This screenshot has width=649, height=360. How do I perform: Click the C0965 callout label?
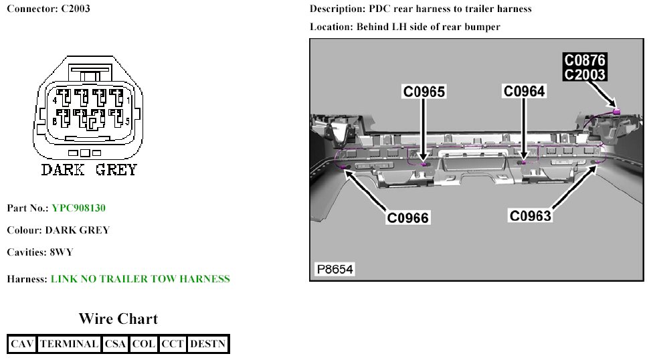(424, 91)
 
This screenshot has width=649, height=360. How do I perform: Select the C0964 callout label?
(524, 91)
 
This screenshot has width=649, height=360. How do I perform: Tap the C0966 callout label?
(407, 217)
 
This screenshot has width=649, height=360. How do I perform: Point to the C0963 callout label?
(530, 215)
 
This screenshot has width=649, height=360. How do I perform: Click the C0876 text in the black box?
(585, 61)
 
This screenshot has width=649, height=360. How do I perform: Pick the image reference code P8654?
(335, 270)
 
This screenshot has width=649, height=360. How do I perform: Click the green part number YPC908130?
(78, 208)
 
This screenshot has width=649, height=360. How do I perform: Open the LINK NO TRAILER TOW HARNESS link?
(140, 279)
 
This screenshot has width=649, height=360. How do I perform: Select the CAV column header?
(22, 344)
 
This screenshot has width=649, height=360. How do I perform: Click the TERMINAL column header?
(69, 344)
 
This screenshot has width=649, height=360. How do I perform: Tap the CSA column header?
(115, 344)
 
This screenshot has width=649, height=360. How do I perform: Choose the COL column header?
(144, 344)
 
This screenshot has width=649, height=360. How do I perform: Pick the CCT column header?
(173, 344)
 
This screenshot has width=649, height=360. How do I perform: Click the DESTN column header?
(208, 344)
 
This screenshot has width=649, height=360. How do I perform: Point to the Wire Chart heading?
(118, 319)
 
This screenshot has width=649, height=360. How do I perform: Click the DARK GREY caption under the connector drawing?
(88, 169)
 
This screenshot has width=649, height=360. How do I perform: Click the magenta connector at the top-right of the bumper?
(617, 111)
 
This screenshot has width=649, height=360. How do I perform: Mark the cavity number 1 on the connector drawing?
(128, 100)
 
